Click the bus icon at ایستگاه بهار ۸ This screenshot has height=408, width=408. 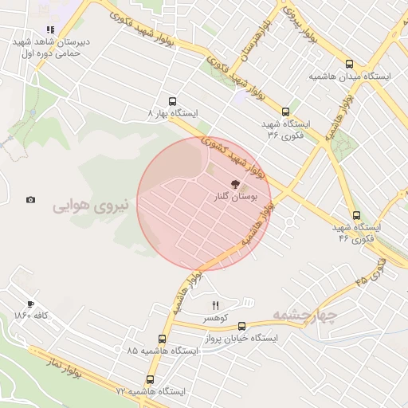[x=171, y=102]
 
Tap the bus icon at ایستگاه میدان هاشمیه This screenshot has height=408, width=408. [x=349, y=65]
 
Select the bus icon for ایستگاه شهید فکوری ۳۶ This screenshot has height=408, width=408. [x=285, y=112]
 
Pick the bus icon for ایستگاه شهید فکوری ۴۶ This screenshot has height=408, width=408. [x=355, y=215]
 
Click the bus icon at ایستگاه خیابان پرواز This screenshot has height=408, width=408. [x=242, y=326]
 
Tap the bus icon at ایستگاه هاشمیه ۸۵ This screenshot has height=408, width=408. [x=163, y=339]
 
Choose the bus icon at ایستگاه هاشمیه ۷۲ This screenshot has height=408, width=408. [x=151, y=380]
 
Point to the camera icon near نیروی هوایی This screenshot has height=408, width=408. [x=30, y=200]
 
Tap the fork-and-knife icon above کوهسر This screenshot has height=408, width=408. [x=215, y=305]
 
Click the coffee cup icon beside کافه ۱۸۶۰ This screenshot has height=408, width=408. [x=30, y=304]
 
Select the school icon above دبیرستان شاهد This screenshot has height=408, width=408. [x=50, y=30]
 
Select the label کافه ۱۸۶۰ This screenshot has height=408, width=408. [x=32, y=316]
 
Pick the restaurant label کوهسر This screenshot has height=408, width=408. [x=215, y=318]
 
